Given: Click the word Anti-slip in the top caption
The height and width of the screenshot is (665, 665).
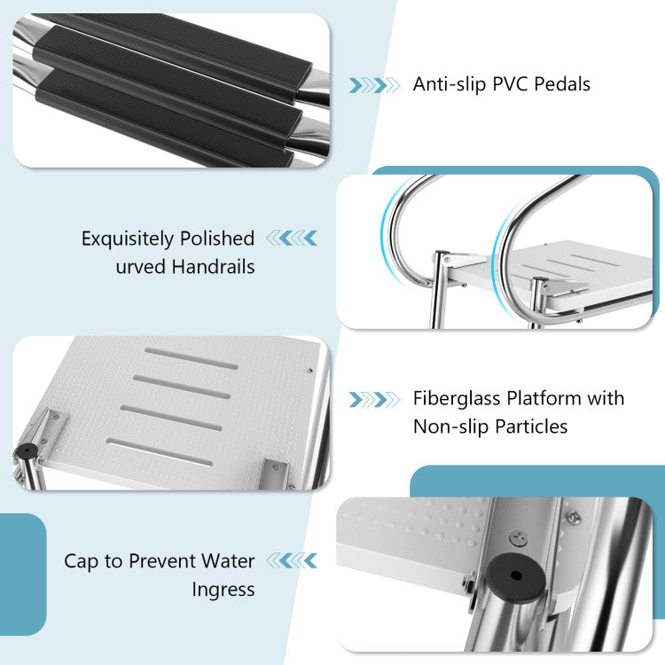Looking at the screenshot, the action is (450, 84).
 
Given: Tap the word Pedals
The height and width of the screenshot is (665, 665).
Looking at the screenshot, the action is (562, 84).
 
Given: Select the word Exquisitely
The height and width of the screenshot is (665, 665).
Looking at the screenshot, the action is (127, 239).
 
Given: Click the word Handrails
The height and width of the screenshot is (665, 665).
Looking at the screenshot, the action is (213, 267).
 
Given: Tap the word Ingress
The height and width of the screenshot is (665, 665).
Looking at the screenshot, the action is (223, 590).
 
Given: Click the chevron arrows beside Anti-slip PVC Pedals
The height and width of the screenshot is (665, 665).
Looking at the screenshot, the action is (374, 85).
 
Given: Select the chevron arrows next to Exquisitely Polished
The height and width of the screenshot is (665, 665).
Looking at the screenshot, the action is (292, 238).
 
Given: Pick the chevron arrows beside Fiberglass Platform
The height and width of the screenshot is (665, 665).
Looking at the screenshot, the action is (374, 400).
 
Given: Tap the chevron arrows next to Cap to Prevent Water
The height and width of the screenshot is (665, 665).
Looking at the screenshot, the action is (292, 560).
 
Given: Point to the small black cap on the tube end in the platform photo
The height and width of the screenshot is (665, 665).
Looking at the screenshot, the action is (27, 451).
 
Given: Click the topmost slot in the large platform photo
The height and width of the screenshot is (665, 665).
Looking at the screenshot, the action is (192, 358).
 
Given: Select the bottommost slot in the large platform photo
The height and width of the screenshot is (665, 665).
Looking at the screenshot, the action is (159, 452).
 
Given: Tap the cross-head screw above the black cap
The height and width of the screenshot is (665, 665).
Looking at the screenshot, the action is (519, 538).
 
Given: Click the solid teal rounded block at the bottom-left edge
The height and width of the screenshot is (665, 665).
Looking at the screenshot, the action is (22, 575).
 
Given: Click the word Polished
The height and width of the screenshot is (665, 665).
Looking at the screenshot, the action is (217, 239).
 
